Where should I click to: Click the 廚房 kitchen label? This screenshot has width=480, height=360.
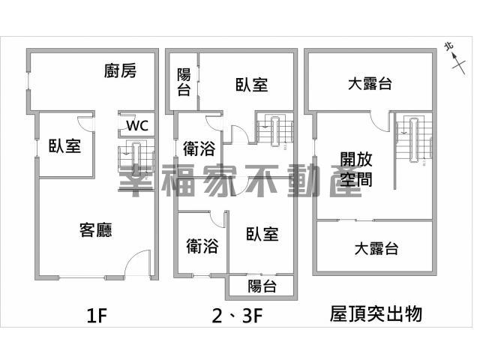[120, 71]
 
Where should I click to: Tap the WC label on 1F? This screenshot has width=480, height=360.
[137, 125]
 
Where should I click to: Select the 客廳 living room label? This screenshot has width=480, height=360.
[96, 230]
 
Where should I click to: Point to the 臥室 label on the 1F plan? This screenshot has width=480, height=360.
[65, 146]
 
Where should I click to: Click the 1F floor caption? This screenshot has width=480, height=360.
[97, 316]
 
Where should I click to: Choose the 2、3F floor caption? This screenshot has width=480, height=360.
[237, 316]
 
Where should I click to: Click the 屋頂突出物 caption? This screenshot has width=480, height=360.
[376, 313]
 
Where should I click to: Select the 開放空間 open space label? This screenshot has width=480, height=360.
[356, 169]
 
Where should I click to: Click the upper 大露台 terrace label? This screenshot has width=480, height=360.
[370, 83]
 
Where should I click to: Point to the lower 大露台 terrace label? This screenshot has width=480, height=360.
[376, 248]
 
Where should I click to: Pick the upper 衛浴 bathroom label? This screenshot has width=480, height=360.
[199, 148]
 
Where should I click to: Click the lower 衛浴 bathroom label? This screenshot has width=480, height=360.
[202, 246]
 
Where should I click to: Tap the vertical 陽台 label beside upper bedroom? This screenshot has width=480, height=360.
[184, 82]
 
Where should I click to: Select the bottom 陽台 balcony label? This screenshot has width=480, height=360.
[262, 286]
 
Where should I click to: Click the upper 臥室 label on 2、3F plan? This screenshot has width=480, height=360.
[252, 85]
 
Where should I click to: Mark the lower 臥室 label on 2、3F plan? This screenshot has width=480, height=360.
[262, 234]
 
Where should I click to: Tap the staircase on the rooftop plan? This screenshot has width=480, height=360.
[414, 139]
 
